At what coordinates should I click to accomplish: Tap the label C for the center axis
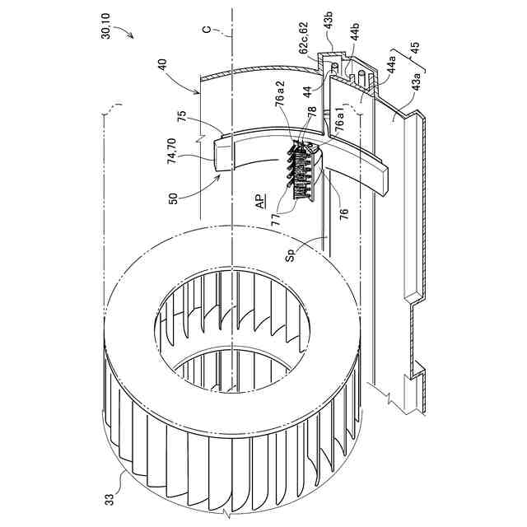[208, 31]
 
